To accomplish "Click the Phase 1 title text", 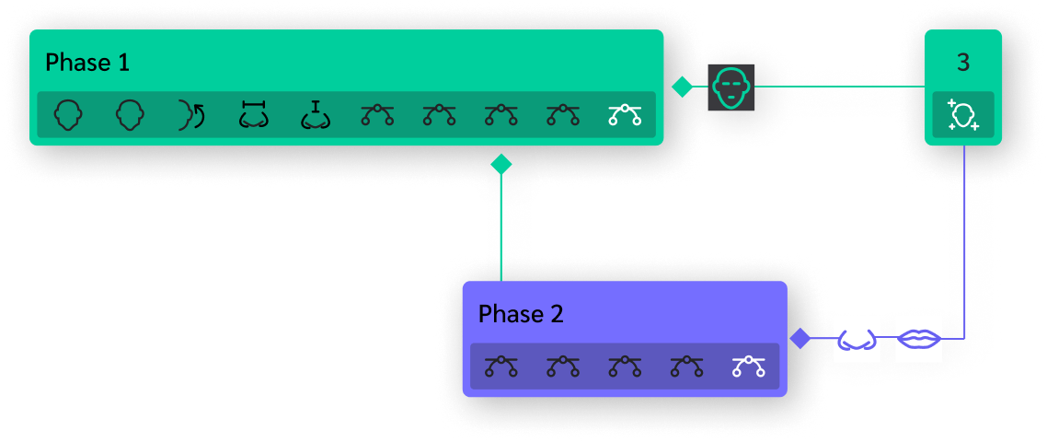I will [x=87, y=63].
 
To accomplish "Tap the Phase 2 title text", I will [x=521, y=314].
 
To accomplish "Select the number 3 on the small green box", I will [x=962, y=63].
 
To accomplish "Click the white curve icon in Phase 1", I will [x=625, y=115].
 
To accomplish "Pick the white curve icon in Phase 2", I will [x=749, y=366].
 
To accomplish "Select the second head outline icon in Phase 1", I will [x=130, y=115].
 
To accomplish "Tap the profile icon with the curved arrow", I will [x=191, y=115].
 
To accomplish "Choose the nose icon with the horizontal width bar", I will [x=253, y=115].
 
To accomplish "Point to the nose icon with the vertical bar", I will [x=316, y=115].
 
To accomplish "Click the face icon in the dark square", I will [x=731, y=88].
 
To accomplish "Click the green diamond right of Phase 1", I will [x=682, y=87].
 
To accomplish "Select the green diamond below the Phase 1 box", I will [x=500, y=165].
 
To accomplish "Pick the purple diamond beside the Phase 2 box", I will [x=800, y=339].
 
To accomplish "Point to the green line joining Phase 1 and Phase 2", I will [x=500, y=230].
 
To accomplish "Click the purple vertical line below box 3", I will [x=963, y=239].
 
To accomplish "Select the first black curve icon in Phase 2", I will [x=500, y=366].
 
